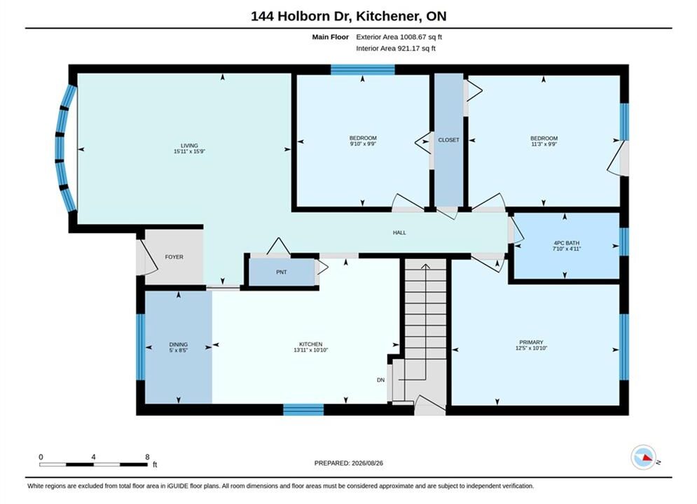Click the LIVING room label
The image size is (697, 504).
(189, 146)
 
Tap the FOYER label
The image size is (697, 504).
(174, 257)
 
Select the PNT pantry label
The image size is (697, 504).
(282, 272)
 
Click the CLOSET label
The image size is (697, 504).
(448, 140)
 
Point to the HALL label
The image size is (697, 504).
(399, 232)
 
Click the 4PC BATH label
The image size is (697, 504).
(567, 243)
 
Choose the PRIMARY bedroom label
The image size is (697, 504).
(532, 342)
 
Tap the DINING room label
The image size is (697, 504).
(178, 344)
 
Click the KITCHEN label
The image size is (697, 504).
(311, 344)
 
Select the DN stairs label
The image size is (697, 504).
(381, 380)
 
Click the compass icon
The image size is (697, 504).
(643, 457)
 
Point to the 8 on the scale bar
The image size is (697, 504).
(147, 457)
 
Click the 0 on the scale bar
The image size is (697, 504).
(41, 457)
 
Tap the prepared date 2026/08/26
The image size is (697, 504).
(367, 463)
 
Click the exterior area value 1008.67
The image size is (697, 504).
(413, 37)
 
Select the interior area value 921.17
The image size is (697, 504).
(409, 48)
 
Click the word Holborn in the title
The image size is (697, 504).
(305, 16)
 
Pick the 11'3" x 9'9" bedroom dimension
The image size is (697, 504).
(544, 144)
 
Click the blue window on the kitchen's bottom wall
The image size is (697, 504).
(303, 409)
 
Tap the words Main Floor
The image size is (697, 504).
(330, 37)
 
